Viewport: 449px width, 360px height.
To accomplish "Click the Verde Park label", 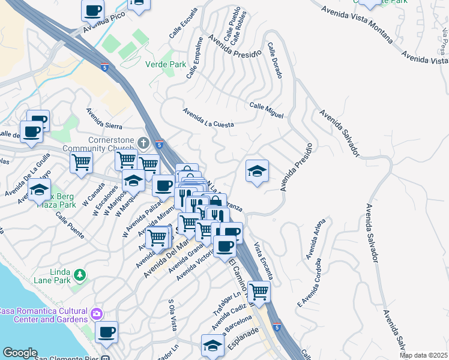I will (x=166, y=64).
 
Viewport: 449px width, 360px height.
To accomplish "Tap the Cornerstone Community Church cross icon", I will (x=143, y=143).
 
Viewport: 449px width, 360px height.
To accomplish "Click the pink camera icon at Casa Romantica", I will (x=96, y=314).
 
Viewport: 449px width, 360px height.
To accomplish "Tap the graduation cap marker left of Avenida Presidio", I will (x=257, y=172).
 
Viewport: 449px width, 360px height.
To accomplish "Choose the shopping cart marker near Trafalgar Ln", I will (x=259, y=292).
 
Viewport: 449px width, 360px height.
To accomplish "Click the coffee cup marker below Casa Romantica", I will (x=106, y=332).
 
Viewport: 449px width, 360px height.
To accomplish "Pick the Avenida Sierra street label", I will (x=104, y=118).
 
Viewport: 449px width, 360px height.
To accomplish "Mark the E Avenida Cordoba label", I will (x=309, y=284).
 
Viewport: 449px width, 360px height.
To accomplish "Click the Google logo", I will (x=20, y=353).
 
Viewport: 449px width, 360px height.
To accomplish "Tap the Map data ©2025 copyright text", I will (x=423, y=355).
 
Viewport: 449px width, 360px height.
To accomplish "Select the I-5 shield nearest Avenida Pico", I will (x=105, y=67).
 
